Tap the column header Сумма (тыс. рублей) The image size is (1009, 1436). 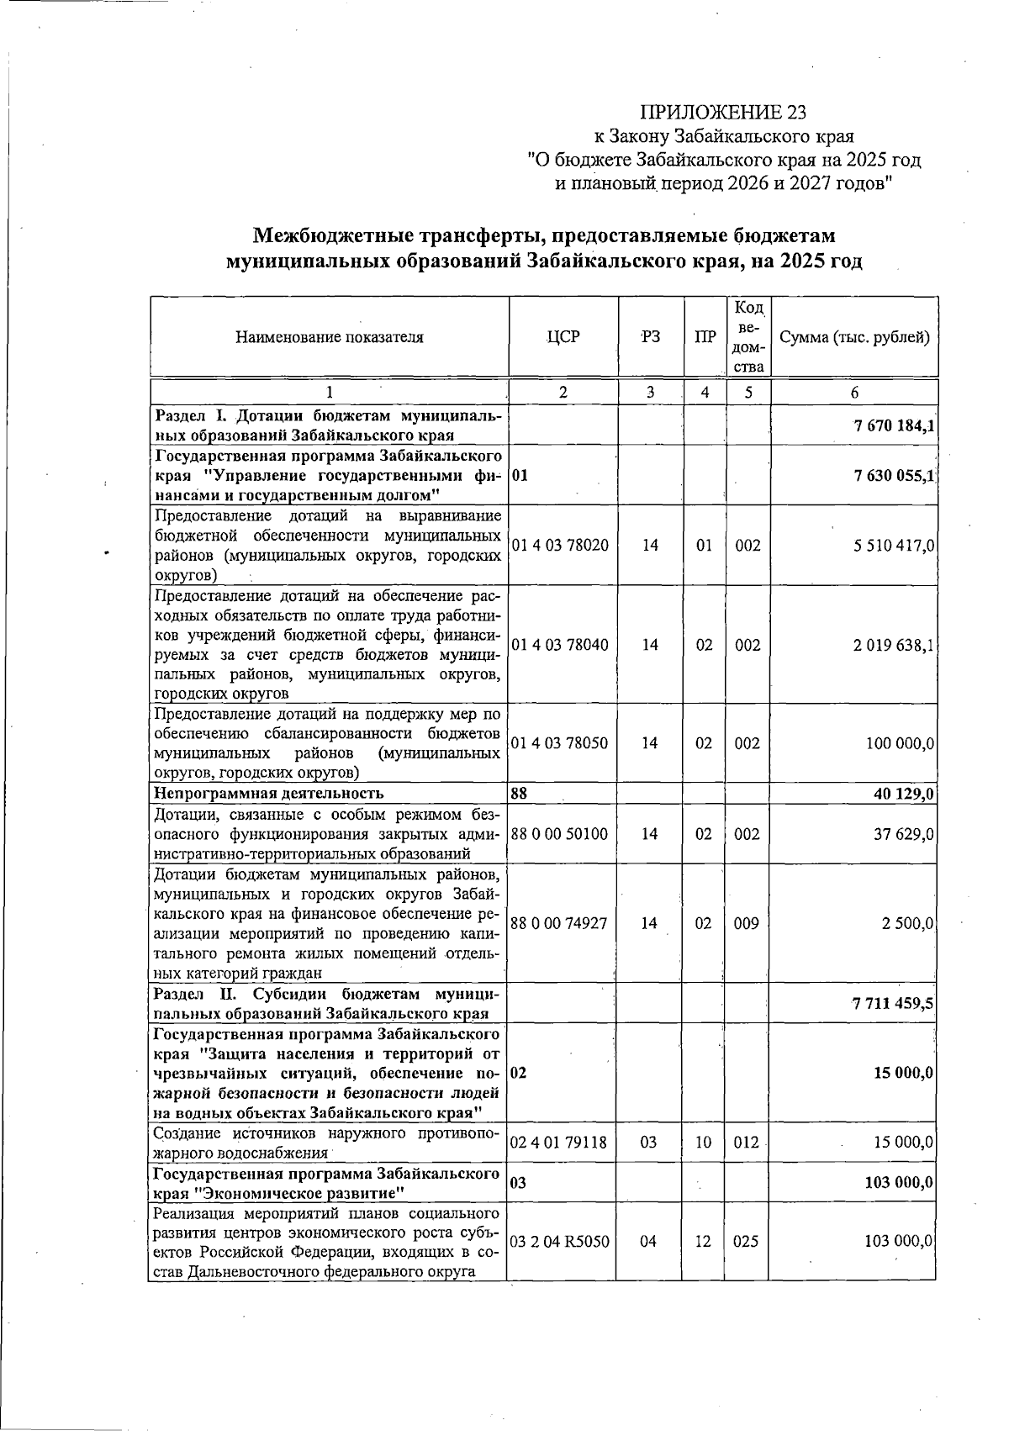tap(854, 338)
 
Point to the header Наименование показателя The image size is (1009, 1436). tap(329, 338)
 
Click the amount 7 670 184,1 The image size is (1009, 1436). tap(893, 425)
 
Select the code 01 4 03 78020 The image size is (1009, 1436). tap(559, 546)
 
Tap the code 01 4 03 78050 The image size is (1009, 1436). tap(559, 744)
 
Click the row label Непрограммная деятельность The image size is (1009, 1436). tap(270, 793)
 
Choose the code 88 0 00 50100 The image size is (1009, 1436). tap(559, 834)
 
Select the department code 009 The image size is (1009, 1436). tap(747, 924)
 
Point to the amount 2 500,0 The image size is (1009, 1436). tap(907, 924)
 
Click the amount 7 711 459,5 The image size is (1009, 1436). tap(893, 1004)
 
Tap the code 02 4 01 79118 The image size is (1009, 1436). tap(559, 1143)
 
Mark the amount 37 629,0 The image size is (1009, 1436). tap(904, 834)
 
